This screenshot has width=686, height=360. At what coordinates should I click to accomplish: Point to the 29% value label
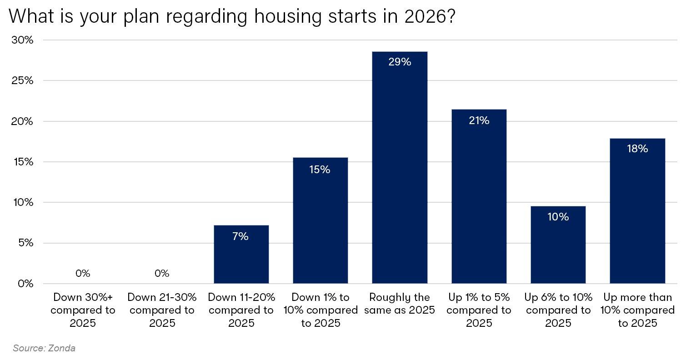tap(400, 62)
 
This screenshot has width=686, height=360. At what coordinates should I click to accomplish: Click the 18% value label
tap(637, 149)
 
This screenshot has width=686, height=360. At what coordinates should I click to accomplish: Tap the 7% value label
tap(241, 236)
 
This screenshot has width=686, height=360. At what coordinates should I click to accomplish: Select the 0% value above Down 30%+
tap(83, 273)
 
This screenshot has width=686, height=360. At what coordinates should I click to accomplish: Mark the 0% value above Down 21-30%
tap(162, 273)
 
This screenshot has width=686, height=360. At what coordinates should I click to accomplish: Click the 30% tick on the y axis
tap(23, 40)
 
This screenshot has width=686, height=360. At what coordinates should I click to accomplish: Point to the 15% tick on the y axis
tap(23, 162)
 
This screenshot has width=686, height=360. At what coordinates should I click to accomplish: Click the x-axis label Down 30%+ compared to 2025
tap(83, 310)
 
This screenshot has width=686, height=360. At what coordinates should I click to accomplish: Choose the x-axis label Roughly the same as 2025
tap(400, 304)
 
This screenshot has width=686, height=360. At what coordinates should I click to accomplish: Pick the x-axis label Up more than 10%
tap(637, 310)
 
